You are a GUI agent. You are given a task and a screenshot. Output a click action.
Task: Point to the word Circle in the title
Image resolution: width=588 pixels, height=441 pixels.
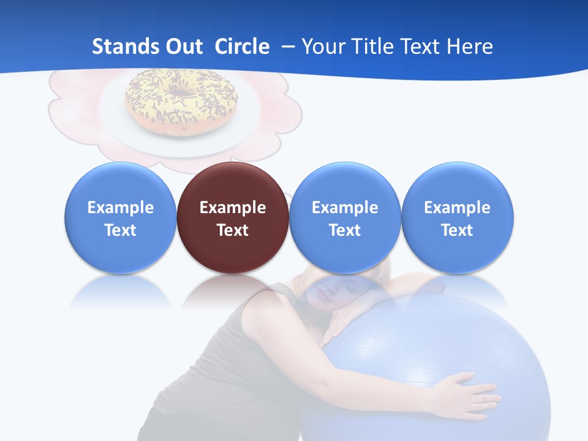tap(242, 47)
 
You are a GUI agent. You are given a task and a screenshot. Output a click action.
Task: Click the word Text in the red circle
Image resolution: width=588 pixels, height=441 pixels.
tap(233, 230)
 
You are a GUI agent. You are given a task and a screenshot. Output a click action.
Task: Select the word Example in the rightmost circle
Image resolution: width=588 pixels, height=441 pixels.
tap(458, 208)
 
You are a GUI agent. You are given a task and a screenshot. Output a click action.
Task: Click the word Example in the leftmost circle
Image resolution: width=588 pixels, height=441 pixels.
tap(120, 208)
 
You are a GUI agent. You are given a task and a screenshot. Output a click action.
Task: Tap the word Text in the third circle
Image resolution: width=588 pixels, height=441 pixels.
tap(345, 230)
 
